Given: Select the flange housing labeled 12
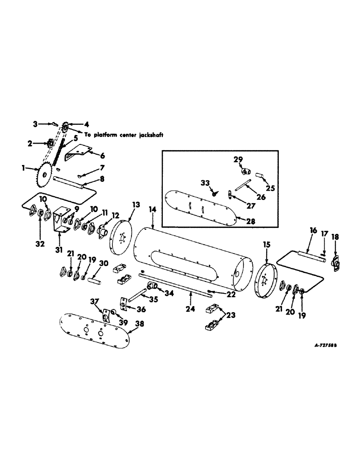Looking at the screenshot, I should click(102, 230).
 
